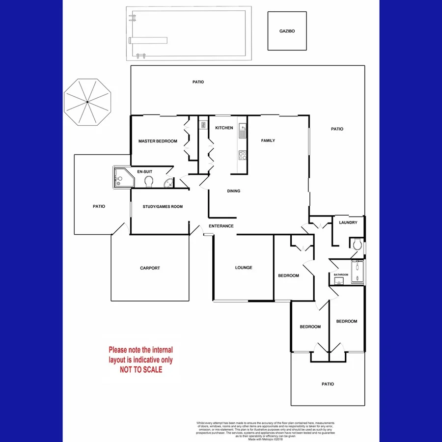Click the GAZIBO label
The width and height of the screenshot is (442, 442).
point(287,30)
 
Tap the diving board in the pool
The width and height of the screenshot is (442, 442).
point(148,39)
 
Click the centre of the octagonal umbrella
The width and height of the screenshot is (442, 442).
point(88,102)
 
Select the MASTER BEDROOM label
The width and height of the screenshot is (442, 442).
point(158,141)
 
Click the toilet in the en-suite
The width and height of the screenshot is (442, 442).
point(149,182)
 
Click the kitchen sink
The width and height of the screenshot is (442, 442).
point(242,131)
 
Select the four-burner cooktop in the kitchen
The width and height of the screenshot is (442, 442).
point(242,155)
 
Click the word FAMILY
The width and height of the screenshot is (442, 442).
point(268,141)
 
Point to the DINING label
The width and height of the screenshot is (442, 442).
point(234,191)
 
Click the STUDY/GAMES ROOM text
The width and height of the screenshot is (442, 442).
point(163,207)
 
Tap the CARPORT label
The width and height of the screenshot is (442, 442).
point(150,268)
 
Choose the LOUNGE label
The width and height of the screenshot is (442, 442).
point(244,268)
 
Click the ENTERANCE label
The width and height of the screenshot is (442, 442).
point(221,226)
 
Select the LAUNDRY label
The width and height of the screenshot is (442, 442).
point(348,222)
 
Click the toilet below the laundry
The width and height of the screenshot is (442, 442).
point(357,244)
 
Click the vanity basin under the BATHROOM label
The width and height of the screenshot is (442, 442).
point(339,281)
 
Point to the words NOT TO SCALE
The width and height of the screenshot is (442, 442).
point(141,370)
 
